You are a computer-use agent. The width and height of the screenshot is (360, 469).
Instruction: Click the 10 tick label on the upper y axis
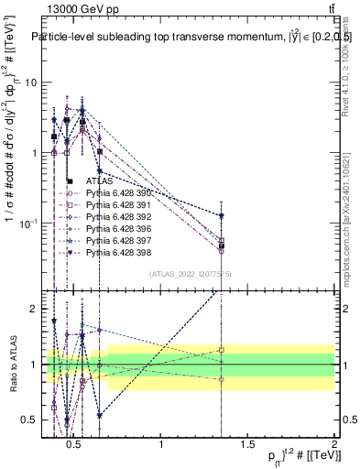point(30,82)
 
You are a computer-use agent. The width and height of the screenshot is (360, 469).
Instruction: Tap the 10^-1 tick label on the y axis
point(27,224)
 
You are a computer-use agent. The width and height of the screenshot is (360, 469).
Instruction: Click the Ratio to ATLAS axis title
point(10,365)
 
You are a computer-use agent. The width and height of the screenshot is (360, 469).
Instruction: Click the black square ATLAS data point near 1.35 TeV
point(222,245)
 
